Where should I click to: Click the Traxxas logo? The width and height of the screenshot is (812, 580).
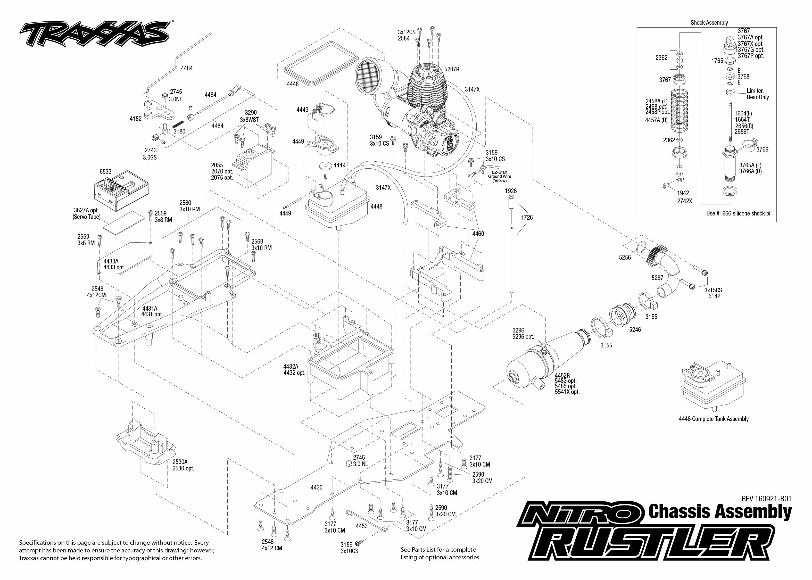[95, 34]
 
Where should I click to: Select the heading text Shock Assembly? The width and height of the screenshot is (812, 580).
[709, 22]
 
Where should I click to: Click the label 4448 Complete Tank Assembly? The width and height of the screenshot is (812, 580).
[714, 419]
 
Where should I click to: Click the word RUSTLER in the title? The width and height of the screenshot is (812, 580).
[653, 546]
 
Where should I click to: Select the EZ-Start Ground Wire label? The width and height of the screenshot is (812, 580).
[500, 176]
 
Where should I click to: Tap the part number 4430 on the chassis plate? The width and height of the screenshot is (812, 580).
[316, 487]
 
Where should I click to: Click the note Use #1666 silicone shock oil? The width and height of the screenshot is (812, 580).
[739, 213]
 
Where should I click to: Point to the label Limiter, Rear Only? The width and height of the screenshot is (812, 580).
[758, 94]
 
